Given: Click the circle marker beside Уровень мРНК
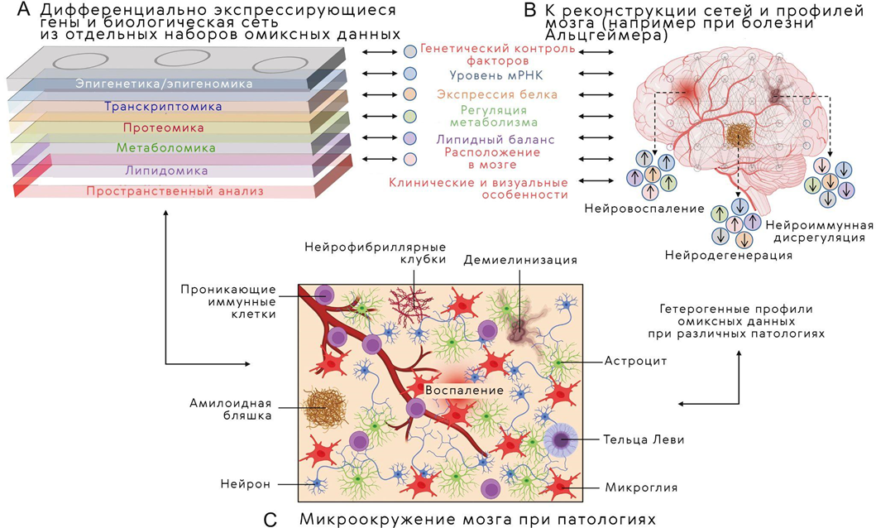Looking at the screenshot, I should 410,72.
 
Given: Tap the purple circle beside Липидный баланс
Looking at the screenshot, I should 410,137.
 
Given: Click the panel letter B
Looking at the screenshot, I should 531,12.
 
